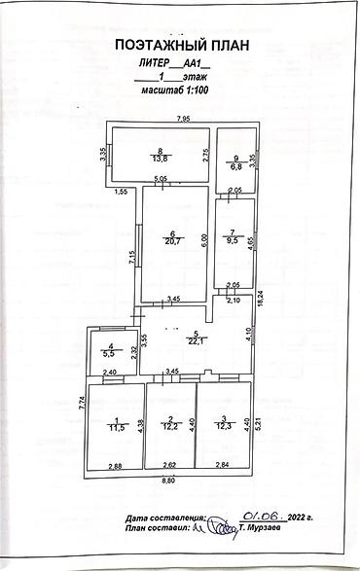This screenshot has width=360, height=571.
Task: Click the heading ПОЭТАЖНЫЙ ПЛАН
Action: [181, 45]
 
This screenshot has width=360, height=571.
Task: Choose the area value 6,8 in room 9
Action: [234, 165]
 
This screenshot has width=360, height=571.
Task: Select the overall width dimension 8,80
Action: [169, 482]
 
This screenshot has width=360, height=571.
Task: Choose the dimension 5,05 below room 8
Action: [162, 178]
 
